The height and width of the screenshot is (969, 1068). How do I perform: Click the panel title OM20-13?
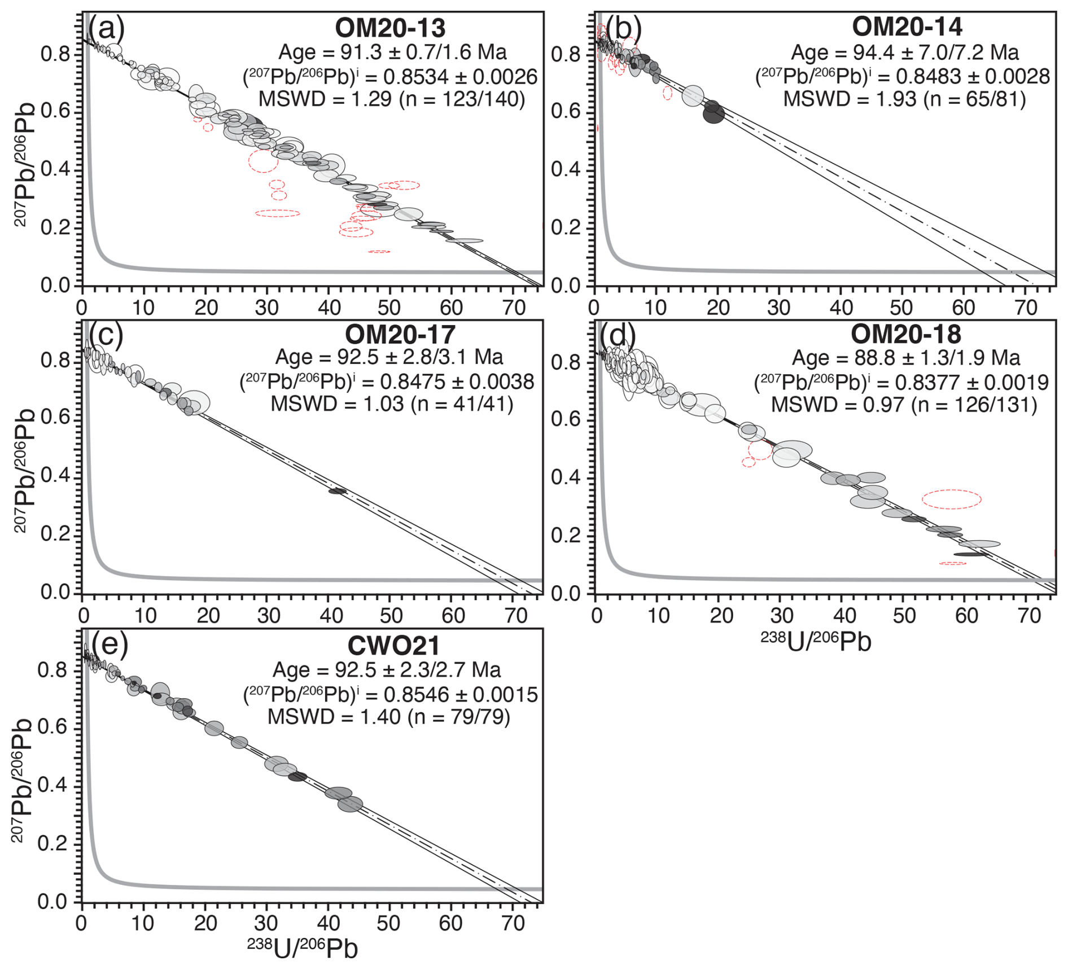point(390,28)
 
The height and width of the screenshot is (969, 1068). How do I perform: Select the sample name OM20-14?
point(907,27)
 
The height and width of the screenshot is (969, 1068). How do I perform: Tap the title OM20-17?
point(400,335)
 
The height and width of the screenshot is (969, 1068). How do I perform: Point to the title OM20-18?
point(905,335)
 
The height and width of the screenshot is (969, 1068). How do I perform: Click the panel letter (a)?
point(107,26)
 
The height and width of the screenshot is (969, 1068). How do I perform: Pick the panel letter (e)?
point(110,642)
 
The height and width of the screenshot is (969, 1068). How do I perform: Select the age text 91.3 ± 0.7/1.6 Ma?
point(393,52)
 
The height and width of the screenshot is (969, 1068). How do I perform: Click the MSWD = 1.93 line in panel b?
point(904,99)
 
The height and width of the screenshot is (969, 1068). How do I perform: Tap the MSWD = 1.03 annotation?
point(392,405)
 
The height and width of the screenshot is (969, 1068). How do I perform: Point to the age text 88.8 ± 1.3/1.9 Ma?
point(906,358)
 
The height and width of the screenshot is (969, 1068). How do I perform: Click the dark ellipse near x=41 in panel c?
point(338,491)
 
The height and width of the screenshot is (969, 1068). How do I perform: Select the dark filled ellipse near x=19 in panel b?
point(714,114)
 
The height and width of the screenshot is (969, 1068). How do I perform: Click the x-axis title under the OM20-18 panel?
point(816,642)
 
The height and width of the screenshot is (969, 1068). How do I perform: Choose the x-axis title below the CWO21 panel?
point(302,948)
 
